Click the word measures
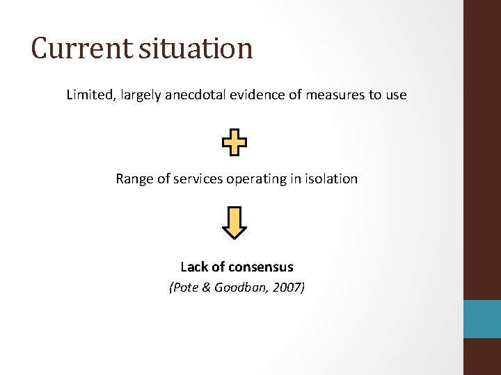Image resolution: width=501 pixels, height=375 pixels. (x=329, y=94)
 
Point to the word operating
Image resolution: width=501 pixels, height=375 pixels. (x=255, y=179)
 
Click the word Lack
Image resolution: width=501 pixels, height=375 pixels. (x=193, y=267)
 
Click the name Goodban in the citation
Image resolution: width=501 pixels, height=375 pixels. (x=239, y=287)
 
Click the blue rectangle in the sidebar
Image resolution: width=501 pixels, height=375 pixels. (x=482, y=319)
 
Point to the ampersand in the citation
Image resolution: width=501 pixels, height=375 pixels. (x=206, y=287)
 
